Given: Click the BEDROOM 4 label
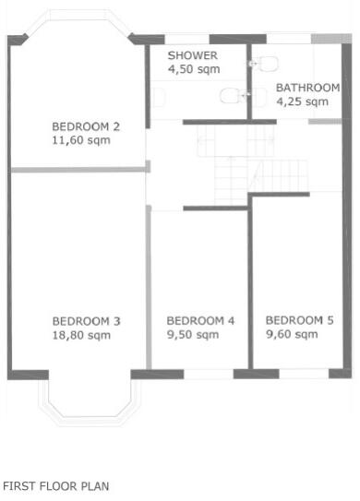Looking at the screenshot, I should pos(200,321).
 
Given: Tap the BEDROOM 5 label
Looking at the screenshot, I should pos(299,320).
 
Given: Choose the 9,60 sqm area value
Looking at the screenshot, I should pos(292,334).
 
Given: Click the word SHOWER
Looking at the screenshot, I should pos(192,55).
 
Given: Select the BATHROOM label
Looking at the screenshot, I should pos(308,89).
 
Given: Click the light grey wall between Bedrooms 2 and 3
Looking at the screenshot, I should pos(79,169).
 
